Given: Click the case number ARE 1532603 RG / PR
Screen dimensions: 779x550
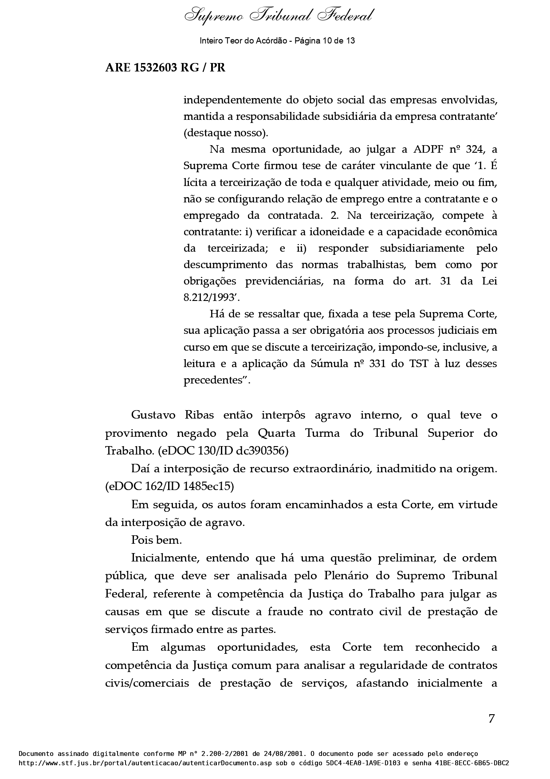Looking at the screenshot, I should [165, 68].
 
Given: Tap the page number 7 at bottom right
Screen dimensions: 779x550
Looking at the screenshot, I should [491, 719].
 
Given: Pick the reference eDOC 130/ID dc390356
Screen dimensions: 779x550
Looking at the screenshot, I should [223, 451].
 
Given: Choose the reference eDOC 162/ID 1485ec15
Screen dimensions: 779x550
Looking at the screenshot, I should [169, 486].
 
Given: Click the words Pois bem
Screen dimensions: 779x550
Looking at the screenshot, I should [157, 540].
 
